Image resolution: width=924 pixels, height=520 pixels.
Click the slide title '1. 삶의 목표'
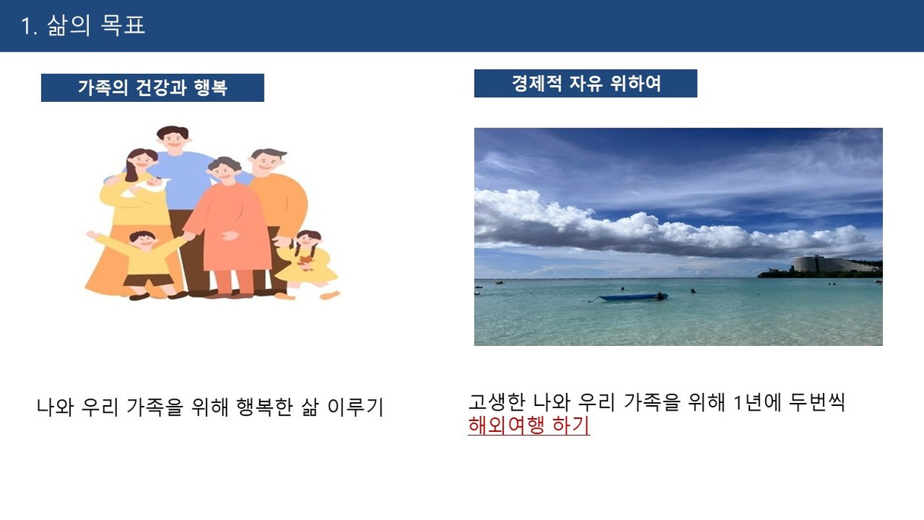tap(83, 26)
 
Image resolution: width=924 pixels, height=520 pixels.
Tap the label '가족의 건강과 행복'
tap(153, 88)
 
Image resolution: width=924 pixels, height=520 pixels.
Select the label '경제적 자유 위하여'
tap(586, 84)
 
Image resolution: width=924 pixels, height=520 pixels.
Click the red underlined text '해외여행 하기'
tap(529, 425)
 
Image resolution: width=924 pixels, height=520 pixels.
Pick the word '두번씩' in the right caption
tap(817, 402)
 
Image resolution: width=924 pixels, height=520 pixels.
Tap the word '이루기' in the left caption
tap(355, 407)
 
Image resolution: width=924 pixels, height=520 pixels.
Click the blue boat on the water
tap(633, 296)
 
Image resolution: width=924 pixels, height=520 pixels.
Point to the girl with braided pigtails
tap(307, 264)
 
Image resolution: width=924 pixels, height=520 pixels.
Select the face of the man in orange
tap(267, 162)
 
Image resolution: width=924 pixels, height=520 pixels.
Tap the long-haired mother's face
tap(142, 160)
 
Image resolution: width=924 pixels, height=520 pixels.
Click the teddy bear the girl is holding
tap(305, 262)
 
